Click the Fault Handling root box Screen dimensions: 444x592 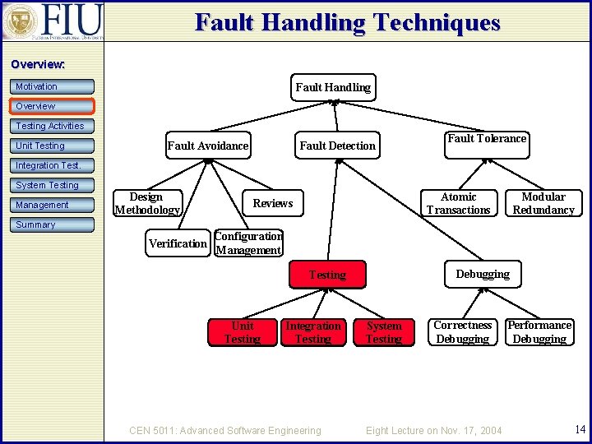tap(332, 87)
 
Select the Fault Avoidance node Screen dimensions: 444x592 tap(207, 146)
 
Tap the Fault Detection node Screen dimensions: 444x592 tap(337, 146)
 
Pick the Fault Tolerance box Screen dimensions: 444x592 tap(486, 139)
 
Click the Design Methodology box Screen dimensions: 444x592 tap(146, 203)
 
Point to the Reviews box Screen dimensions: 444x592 tap(272, 203)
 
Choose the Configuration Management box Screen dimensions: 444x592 tap(248, 243)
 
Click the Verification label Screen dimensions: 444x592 tap(178, 243)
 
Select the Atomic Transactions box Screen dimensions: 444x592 tap(458, 203)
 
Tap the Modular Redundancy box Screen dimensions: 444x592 tap(543, 203)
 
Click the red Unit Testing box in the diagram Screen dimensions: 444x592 tap(243, 332)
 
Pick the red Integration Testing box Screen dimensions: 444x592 tap(312, 332)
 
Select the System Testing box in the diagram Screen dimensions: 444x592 tap(383, 332)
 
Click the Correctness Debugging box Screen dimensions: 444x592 tap(462, 332)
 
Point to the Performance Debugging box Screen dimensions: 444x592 tap(539, 332)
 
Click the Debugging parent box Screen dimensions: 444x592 tap(483, 274)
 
